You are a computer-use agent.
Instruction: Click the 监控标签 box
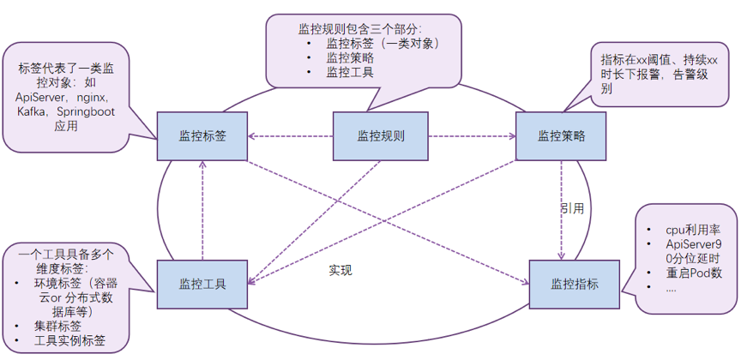coord(202,136)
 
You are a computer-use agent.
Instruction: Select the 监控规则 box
coord(380,136)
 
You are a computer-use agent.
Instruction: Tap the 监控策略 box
coord(561,136)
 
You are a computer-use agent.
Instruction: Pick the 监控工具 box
coord(202,284)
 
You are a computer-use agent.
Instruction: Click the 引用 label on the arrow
coord(572,208)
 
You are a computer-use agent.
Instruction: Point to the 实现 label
coord(340,270)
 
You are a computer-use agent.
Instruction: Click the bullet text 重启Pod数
coord(694,273)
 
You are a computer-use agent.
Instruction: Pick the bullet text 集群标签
coord(58,326)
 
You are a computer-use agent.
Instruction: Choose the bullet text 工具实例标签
coord(70,340)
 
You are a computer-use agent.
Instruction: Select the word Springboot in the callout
coord(92,111)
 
